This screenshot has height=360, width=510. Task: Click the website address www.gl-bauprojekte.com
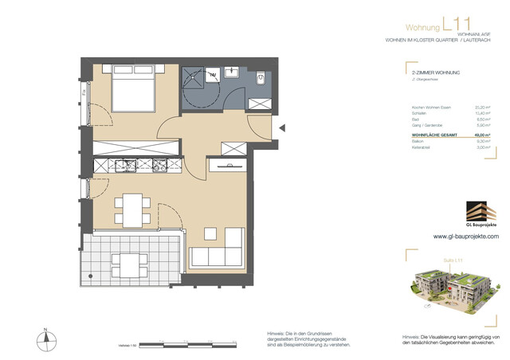coord(466,237)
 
